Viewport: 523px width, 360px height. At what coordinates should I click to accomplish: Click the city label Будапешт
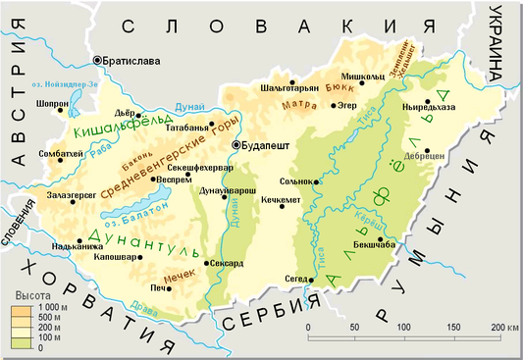[267, 145]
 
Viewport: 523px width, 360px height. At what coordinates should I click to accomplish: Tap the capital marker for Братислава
[97, 61]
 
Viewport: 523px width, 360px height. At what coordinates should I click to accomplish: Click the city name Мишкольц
[361, 76]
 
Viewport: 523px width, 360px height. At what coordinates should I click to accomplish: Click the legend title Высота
[29, 295]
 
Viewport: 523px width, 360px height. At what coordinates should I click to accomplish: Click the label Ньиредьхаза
[430, 108]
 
